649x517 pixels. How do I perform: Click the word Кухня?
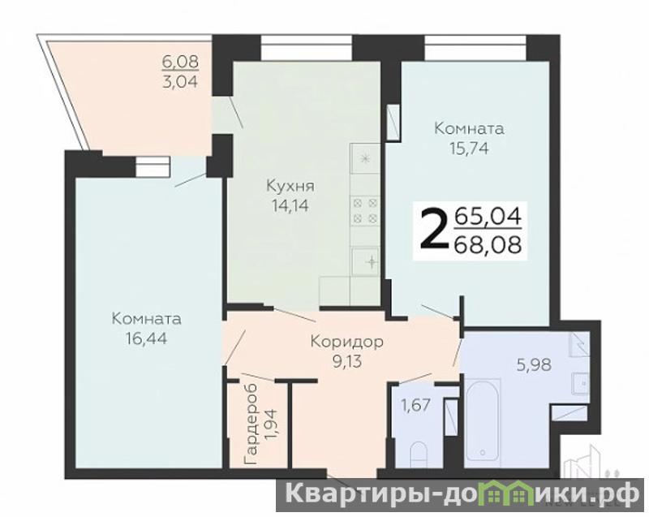click(290, 187)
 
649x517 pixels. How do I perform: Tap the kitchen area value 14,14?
click(290, 205)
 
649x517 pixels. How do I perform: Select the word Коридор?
click(347, 343)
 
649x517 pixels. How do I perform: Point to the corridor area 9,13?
click(347, 362)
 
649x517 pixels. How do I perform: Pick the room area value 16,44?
click(147, 339)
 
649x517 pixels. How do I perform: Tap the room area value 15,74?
click(469, 148)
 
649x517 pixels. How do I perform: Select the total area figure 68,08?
click(488, 245)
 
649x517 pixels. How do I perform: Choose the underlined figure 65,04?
click(488, 217)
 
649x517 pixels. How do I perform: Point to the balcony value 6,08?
click(180, 62)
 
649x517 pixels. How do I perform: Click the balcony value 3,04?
click(180, 80)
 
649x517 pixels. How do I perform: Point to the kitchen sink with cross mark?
click(366, 261)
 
